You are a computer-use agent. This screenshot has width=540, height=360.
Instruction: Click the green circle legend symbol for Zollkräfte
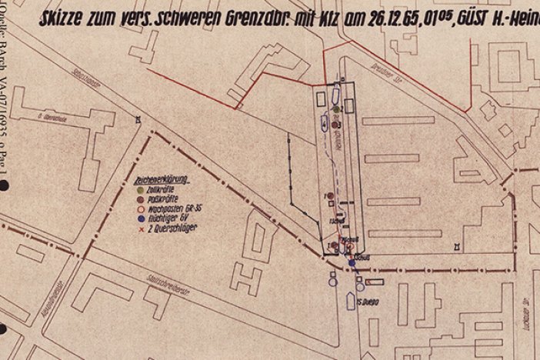(138, 188)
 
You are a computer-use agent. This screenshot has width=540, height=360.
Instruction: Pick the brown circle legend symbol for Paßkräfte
(138, 198)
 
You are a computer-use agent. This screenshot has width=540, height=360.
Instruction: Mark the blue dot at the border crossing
(352, 264)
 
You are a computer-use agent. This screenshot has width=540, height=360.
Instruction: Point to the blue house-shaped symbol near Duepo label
(351, 301)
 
